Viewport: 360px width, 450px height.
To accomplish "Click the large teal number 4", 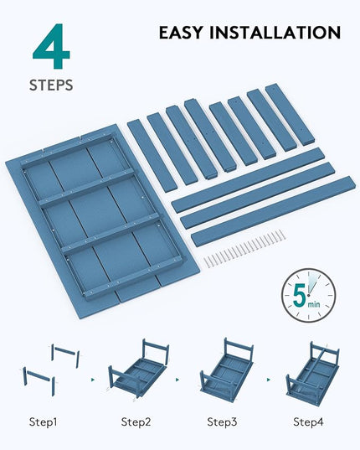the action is pos(52,46).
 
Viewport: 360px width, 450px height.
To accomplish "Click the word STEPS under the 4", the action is pos(51,85).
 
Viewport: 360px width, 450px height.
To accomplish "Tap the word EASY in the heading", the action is pos(181,32).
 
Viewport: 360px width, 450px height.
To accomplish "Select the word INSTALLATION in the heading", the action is pos(275,32).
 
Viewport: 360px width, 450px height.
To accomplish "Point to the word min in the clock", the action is pos(314,303).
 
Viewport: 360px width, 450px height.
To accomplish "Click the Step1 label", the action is pos(43,422).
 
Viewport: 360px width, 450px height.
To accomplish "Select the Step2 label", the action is pos(136,422).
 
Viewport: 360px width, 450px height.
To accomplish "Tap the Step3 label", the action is pos(222,422).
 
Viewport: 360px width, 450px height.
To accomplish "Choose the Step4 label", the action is pos(308,422).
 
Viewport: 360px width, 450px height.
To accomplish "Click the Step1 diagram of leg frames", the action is pos(51,370).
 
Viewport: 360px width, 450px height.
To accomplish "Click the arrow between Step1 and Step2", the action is pos(93,380).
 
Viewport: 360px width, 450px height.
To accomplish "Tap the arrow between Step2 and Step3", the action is pos(177,380).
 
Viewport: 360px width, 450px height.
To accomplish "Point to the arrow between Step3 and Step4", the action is pos(268,380).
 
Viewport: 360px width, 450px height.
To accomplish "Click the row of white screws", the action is pos(244,249).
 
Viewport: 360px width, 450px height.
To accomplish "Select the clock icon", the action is pos(308,295).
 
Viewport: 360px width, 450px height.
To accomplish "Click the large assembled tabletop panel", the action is pos(102,217).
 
